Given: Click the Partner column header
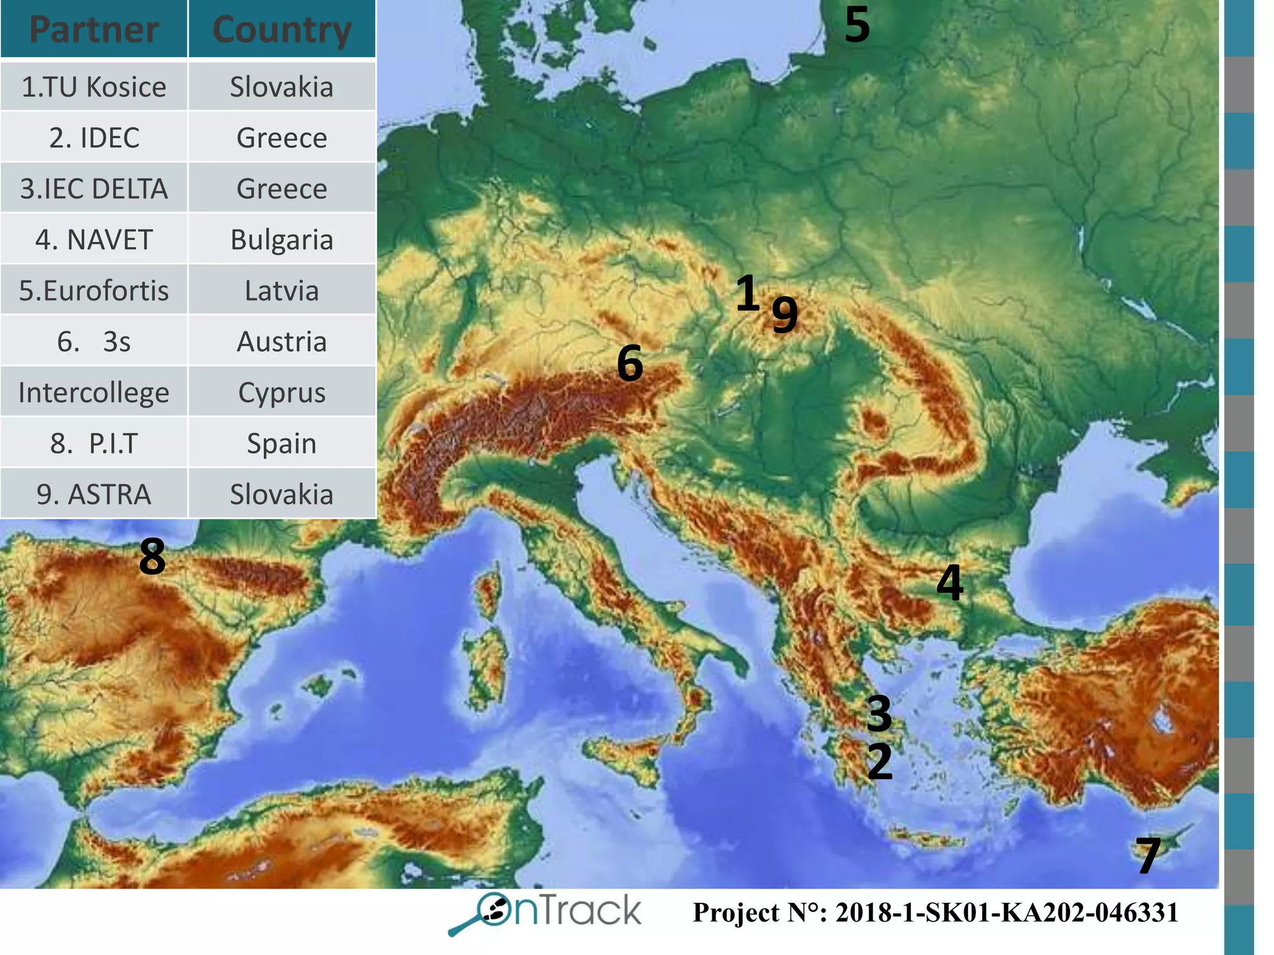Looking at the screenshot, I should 94,29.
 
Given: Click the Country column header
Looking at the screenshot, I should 282,29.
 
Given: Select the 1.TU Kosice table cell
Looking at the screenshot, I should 94,86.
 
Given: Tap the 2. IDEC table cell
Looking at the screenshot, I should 94,137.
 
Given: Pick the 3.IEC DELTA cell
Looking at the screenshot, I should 94,188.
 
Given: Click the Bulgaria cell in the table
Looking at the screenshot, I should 282,239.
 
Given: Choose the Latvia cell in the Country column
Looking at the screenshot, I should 282,290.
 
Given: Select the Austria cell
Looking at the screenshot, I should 282,341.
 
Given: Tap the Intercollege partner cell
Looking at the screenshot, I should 94,392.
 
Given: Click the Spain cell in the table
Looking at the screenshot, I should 282,443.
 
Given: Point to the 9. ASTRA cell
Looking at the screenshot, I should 94,494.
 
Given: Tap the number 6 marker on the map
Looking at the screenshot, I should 630,363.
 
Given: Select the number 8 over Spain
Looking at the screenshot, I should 152,556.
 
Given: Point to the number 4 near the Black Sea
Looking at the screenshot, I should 950,582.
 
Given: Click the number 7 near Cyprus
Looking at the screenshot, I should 1148,856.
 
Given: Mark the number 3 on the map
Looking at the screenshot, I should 880,713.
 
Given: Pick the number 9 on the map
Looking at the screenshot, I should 784,313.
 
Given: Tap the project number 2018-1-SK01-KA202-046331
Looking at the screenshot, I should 936,913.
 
